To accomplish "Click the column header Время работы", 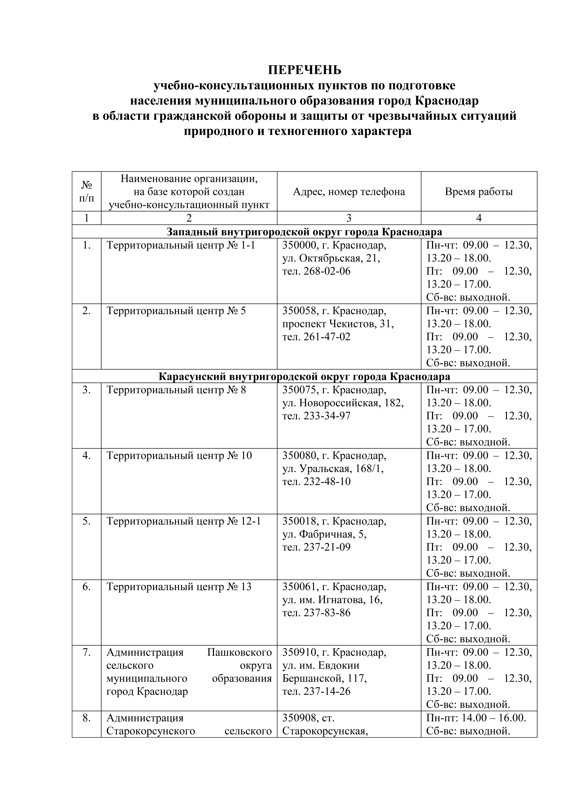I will [479, 191].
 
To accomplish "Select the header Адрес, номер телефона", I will [349, 191].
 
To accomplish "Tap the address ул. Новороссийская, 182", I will [343, 403].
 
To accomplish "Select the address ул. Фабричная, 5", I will [325, 534].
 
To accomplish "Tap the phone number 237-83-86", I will [327, 613].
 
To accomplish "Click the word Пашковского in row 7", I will [239, 652].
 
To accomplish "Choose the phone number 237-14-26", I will [327, 691].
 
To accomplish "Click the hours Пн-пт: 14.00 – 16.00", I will [476, 718].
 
